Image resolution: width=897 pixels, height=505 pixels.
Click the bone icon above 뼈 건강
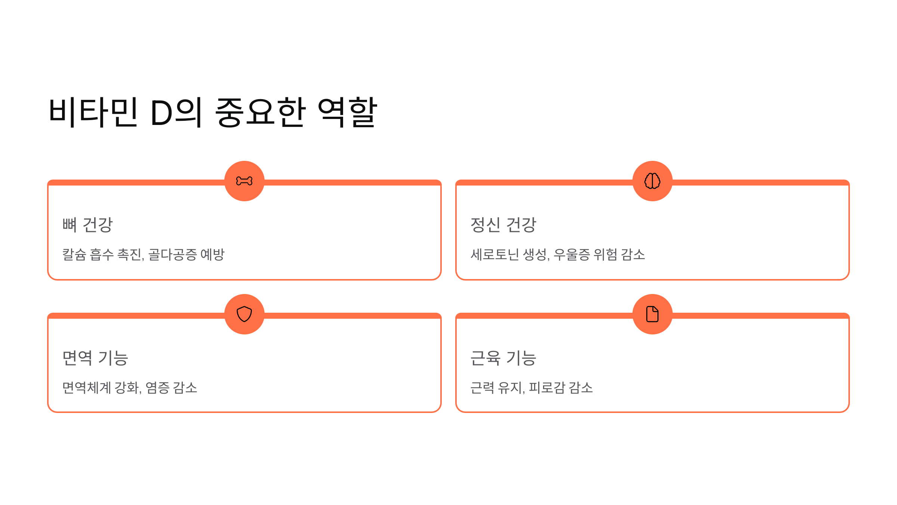(244, 181)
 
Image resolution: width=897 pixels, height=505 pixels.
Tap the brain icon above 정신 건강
(652, 181)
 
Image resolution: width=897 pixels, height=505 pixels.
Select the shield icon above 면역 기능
(244, 314)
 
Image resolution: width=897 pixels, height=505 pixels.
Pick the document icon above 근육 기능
(652, 314)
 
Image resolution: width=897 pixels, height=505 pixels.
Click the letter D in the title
(161, 113)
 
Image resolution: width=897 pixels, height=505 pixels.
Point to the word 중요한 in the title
(261, 113)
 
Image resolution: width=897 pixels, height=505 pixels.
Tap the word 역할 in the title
(347, 113)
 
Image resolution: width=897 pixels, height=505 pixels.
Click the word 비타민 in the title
(93, 113)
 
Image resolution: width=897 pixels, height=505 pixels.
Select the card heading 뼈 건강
(87, 225)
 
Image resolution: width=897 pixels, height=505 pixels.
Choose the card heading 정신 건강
(503, 225)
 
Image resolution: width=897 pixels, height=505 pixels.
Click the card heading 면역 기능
(95, 358)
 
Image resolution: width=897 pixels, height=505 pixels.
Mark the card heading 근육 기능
(503, 358)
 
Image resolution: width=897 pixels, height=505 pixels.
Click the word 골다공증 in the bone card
(172, 255)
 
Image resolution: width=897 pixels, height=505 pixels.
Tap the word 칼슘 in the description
(74, 255)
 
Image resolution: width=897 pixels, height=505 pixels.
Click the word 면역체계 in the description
(86, 388)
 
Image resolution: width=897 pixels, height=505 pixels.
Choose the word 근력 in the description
(482, 388)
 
